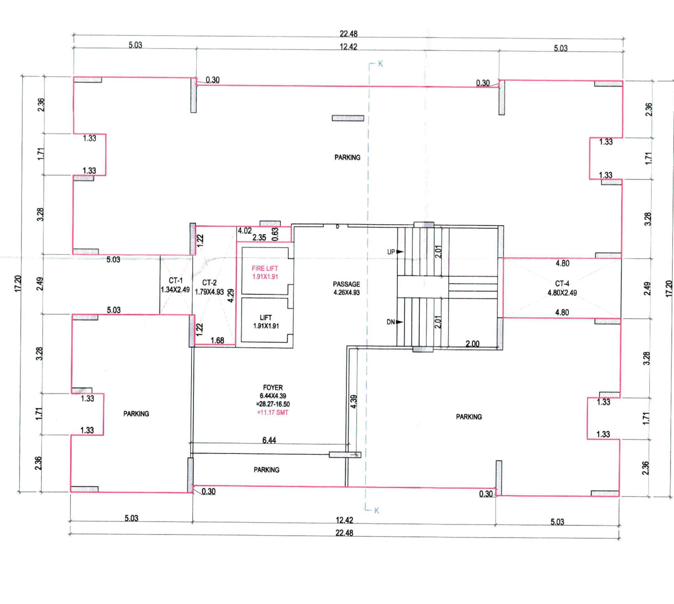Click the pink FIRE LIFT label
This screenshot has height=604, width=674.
click(265, 269)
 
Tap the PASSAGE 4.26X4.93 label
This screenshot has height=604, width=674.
click(346, 288)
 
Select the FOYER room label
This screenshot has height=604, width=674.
click(273, 388)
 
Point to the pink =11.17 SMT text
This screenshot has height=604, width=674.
click(273, 413)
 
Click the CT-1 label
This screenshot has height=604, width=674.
click(175, 280)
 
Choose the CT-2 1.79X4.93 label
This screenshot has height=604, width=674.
click(209, 287)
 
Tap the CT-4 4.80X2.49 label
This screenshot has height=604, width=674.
click(562, 288)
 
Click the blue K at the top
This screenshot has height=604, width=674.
click(380, 64)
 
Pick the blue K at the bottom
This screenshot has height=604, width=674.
click(377, 511)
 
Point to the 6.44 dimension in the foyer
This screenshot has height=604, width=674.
click(269, 441)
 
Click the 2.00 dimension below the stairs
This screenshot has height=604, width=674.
click(472, 344)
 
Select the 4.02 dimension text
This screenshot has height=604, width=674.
click(245, 231)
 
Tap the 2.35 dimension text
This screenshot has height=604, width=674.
click(259, 237)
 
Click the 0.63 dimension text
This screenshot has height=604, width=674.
click(275, 234)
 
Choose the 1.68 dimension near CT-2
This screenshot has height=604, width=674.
click(218, 340)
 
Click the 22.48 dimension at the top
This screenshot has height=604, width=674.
click(348, 34)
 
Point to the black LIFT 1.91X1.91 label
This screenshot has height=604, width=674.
click(266, 322)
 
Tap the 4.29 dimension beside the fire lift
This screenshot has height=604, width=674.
click(230, 296)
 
